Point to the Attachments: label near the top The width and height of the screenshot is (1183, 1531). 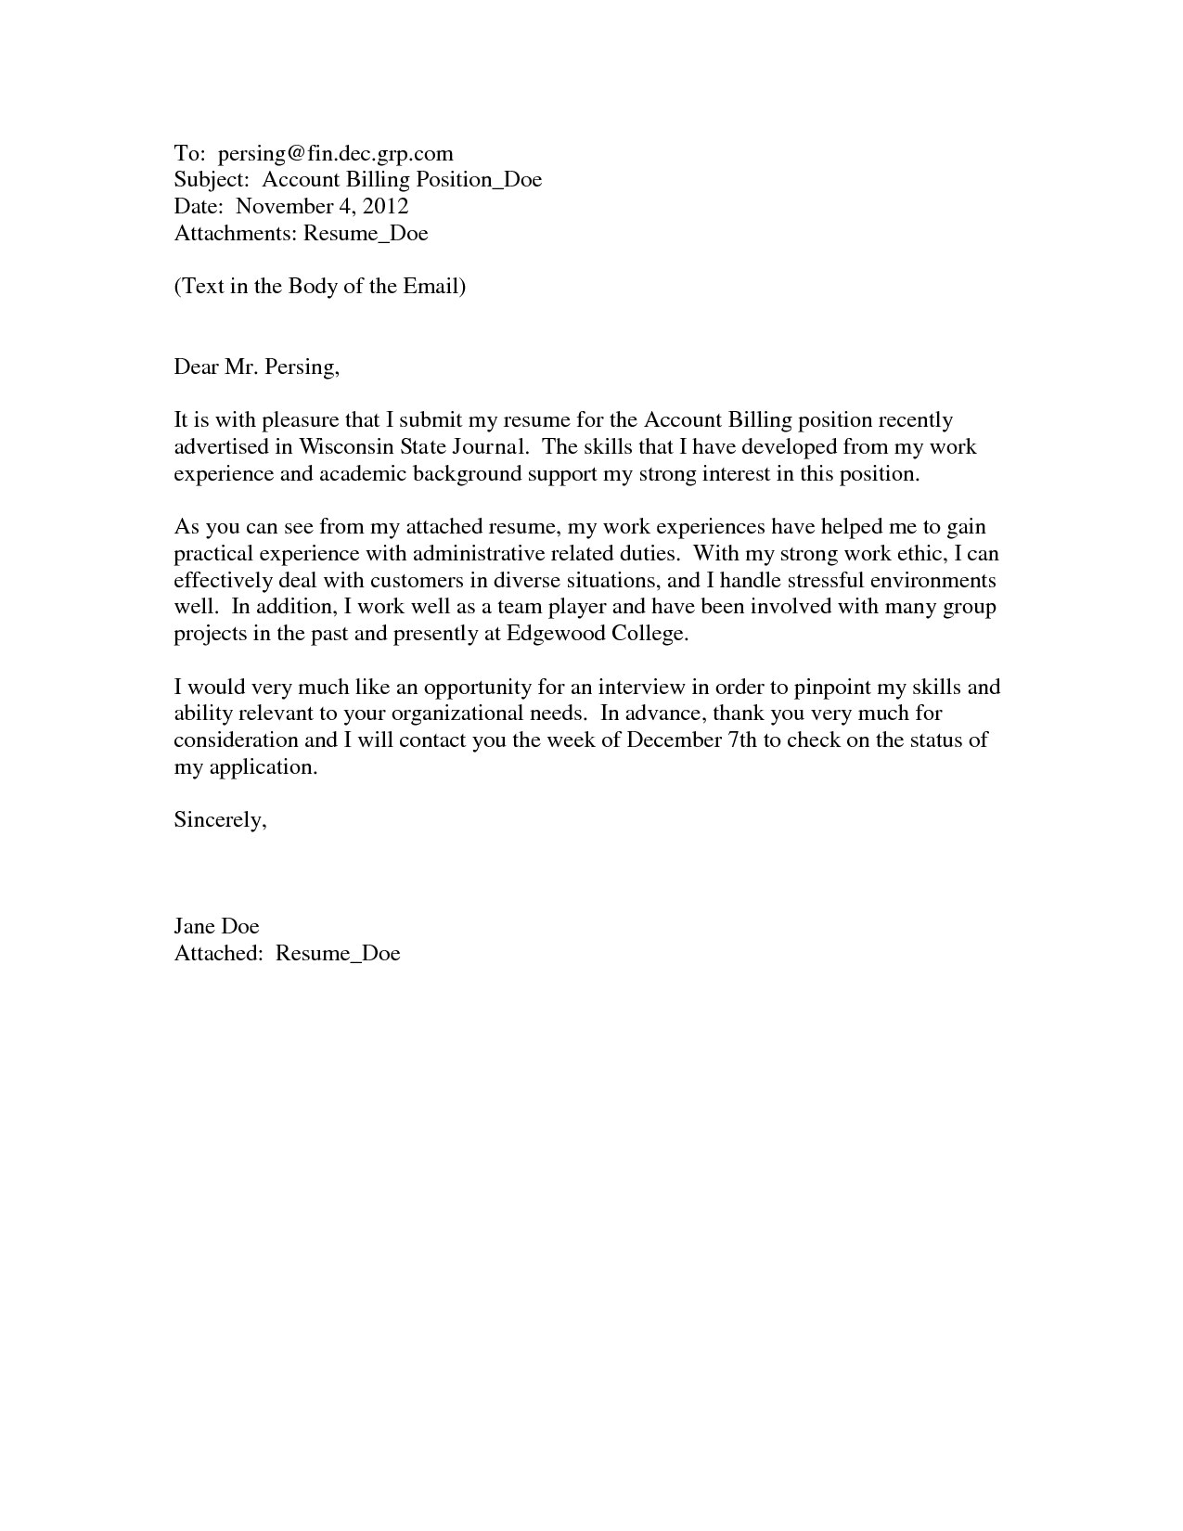tap(236, 233)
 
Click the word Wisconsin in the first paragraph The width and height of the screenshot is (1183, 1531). tap(346, 446)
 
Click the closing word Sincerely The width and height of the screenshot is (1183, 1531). tap(220, 820)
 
